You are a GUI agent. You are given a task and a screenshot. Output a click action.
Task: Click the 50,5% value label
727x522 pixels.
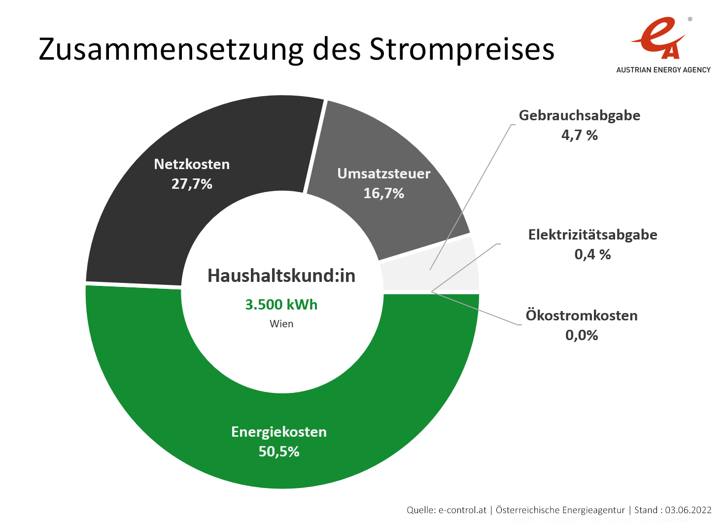pos(279,452)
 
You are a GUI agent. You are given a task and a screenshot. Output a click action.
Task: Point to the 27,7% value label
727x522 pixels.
pos(192,184)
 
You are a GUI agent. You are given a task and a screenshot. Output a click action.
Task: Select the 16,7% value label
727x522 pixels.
pos(383,193)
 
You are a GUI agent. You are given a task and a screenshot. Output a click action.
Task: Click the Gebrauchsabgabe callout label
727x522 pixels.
pos(579,115)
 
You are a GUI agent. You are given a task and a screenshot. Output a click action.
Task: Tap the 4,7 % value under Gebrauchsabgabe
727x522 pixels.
pos(579,135)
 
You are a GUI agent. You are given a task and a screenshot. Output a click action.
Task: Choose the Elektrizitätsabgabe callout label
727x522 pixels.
pos(592,235)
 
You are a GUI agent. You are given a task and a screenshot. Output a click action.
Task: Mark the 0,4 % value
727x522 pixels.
pos(592,254)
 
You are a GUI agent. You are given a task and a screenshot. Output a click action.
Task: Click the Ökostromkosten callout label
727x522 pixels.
pos(582,315)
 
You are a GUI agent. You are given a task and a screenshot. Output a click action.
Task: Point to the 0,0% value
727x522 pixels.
pos(582,335)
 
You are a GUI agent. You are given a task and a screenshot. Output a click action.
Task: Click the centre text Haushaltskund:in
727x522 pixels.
pos(281,276)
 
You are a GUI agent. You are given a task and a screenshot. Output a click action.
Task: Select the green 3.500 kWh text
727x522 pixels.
pos(281,305)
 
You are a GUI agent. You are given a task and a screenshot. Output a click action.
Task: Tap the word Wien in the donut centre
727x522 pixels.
pos(281,324)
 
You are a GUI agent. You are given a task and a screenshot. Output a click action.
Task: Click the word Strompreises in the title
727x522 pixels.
pos(462,49)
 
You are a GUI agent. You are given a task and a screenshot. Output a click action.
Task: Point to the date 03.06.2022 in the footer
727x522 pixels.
pos(688,510)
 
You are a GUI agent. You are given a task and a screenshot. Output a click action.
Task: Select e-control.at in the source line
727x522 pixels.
pos(462,510)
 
